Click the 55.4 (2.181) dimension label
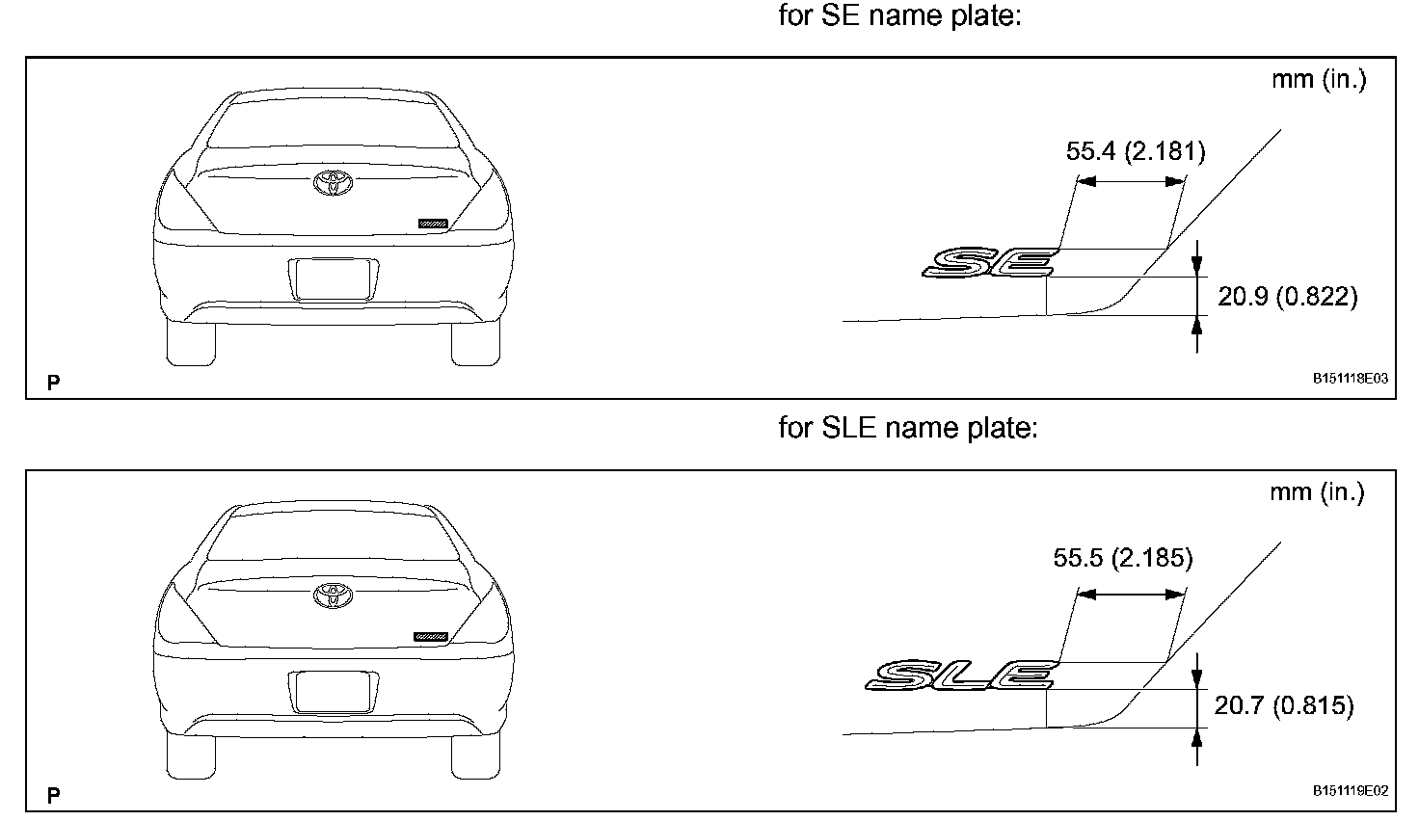tap(1136, 151)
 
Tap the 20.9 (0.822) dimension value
tap(1287, 297)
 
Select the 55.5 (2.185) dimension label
tap(1123, 559)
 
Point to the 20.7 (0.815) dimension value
tap(1283, 706)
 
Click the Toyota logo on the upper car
tap(335, 181)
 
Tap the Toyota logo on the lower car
tap(334, 594)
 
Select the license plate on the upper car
tap(333, 279)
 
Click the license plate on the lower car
tap(333, 692)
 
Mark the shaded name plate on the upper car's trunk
tap(433, 224)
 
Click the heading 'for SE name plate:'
tap(899, 17)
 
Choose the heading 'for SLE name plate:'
tap(907, 428)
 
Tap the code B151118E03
tap(1350, 380)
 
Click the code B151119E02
tap(1350, 791)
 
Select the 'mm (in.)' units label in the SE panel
tap(1318, 79)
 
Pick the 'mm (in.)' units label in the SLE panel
tap(1317, 492)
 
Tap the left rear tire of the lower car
tap(192, 752)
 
